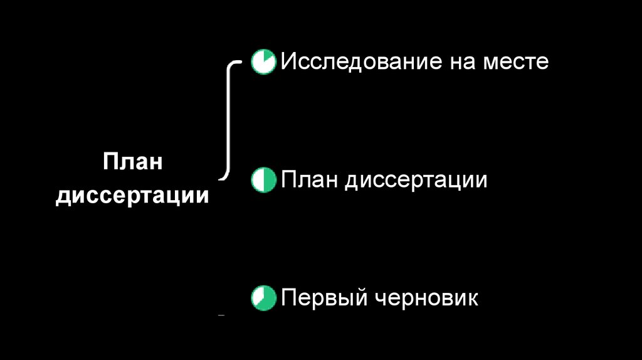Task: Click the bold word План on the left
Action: point(133,161)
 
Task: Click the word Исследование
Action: point(359,61)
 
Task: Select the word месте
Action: point(516,62)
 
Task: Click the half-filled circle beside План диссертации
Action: point(263,181)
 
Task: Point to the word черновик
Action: point(426,297)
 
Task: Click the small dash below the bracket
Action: point(221,316)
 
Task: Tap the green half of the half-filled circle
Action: point(268,181)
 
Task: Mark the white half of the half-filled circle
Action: point(258,181)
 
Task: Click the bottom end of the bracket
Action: point(223,177)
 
